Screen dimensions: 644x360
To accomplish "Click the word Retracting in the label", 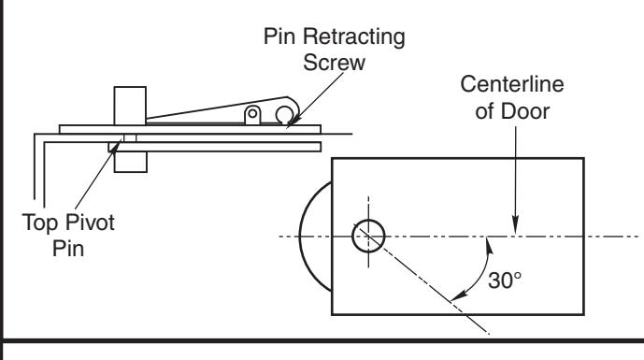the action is pos(354,37).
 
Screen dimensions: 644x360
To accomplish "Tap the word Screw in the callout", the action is pos(334,62).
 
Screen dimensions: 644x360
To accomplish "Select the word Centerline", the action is pos(512,84).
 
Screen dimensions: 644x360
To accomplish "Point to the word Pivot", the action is pos(91,223).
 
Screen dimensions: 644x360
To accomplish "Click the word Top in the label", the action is pos(42,223).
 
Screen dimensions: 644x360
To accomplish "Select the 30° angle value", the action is pos(505,281).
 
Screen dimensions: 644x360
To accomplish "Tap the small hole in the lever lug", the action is pos(252,112).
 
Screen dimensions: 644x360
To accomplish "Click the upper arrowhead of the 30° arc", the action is pos(489,246).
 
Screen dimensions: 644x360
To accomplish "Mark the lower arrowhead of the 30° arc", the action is pos(459,295).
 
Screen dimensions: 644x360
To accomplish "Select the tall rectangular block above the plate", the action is pos(130,106).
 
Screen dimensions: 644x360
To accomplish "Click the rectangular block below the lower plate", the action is pos(130,162).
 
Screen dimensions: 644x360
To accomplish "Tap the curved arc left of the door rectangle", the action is pos(301,237).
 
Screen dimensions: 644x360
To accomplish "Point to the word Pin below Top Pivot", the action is pos(68,248).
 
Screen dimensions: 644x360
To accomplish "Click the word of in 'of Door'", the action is pos(485,111).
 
